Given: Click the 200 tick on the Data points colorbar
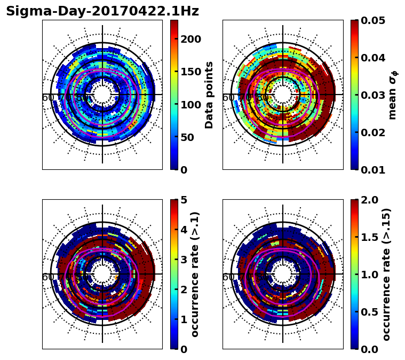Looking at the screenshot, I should [x=190, y=39].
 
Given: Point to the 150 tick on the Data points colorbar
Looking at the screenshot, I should [x=190, y=72].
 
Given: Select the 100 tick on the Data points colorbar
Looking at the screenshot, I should [x=190, y=104].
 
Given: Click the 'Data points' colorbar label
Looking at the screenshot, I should [x=209, y=95].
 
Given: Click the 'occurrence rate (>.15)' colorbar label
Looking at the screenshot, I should [x=386, y=274].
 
